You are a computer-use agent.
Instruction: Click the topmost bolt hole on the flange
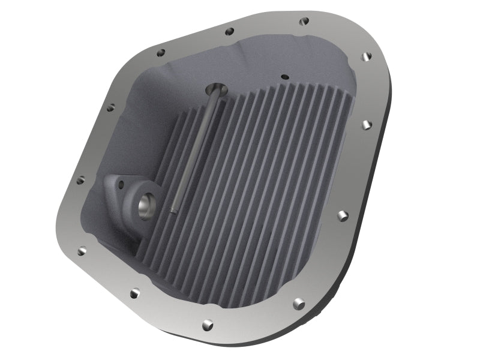(304, 21)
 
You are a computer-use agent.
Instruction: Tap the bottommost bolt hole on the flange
(208, 324)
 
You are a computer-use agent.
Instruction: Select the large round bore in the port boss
(146, 208)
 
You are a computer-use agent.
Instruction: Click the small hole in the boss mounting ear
(120, 185)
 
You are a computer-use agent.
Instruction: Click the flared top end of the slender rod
(215, 91)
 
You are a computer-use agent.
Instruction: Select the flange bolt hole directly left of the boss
(80, 179)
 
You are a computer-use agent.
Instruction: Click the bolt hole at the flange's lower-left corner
(82, 251)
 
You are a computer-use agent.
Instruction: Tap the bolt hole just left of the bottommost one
(135, 293)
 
